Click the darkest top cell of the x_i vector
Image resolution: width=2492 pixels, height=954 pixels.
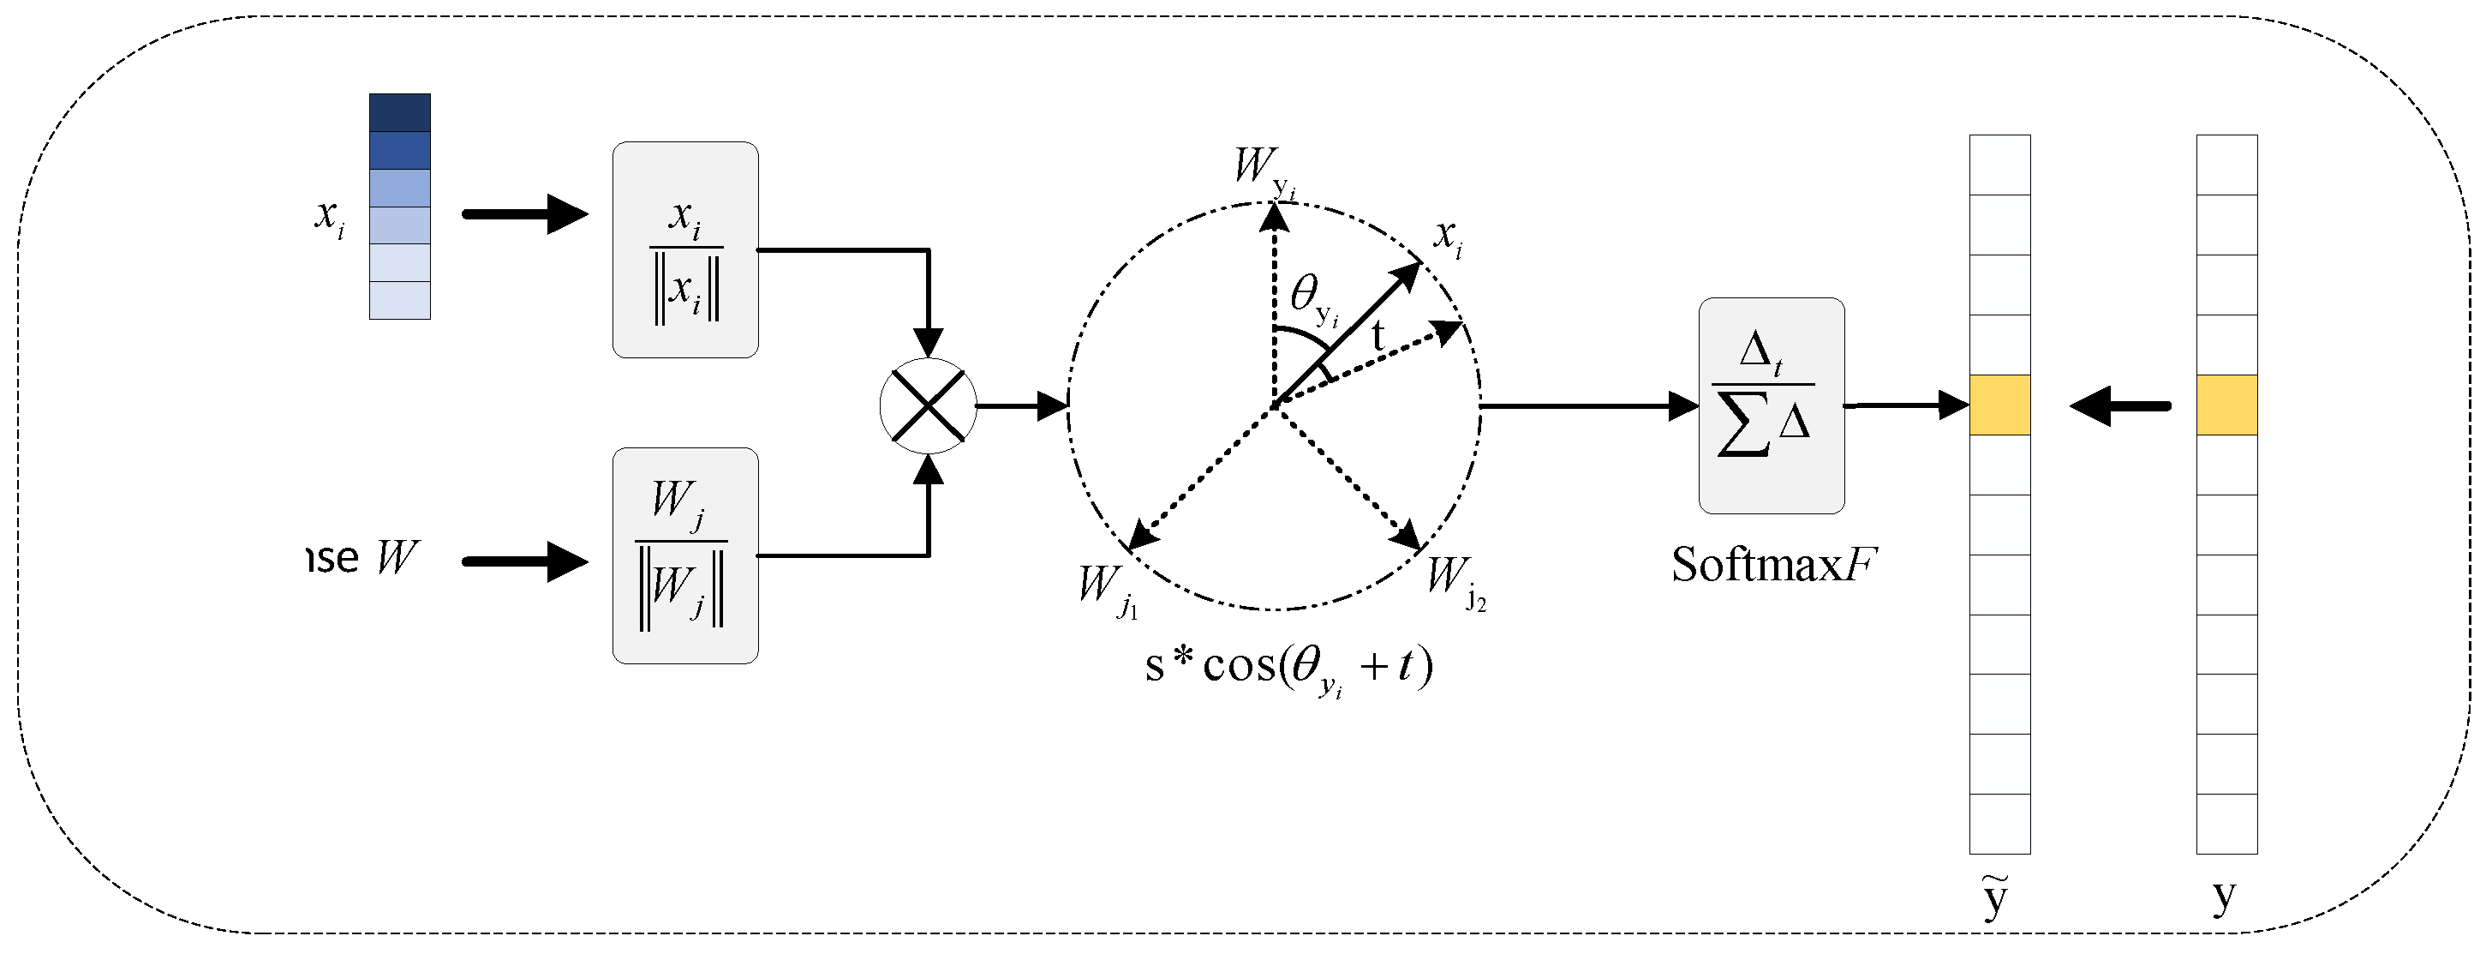(399, 112)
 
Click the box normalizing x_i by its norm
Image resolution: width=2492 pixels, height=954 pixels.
(685, 249)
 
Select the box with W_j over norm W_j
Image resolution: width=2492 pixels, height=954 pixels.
(685, 555)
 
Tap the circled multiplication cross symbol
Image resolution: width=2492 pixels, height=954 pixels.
(928, 405)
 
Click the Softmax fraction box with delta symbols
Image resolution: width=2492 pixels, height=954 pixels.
(1772, 405)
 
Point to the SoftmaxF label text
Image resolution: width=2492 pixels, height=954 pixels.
(1773, 564)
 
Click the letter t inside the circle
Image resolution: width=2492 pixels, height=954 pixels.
(1377, 336)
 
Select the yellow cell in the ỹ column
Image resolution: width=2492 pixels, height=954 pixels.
(1999, 405)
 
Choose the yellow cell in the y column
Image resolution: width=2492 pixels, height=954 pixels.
(2227, 405)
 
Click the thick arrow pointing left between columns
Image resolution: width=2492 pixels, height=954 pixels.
(2118, 406)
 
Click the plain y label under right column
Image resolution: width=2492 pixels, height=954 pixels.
(2224, 896)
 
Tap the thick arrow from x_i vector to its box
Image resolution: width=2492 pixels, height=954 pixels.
(525, 213)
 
